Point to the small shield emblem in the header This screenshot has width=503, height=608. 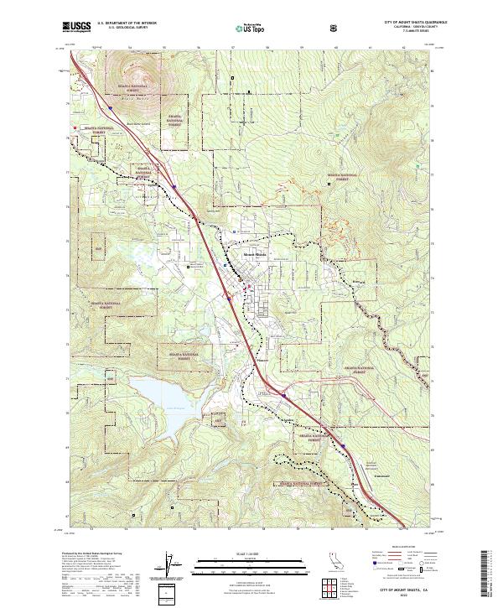coord(336,27)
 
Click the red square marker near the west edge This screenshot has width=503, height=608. coord(75,127)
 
